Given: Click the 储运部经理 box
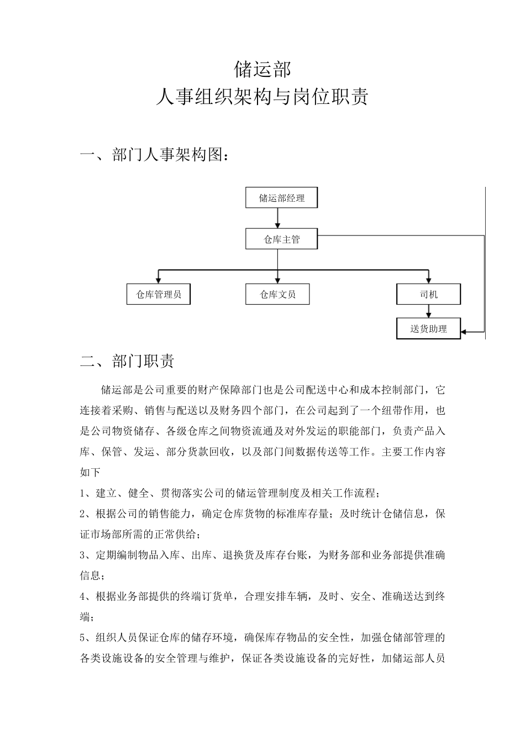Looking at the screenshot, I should point(282,198).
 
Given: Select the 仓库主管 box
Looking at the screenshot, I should point(282,239).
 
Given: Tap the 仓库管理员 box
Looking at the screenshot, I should point(159,294).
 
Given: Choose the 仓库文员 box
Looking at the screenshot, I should point(277,294).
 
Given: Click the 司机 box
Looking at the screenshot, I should point(428,294).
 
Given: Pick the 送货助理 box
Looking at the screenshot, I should point(428,329).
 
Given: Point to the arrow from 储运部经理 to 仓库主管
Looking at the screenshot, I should point(277,218).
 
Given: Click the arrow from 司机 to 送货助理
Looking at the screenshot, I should point(428,311).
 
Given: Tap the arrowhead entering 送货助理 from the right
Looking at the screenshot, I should point(465,332).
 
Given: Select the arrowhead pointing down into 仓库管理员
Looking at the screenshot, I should point(159,280).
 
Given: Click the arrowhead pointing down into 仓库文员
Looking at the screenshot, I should point(277,280).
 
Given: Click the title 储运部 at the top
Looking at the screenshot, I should point(262,70).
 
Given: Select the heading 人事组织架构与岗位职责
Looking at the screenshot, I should point(262,97).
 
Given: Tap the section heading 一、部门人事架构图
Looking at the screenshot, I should point(155,155).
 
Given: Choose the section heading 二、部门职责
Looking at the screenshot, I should point(128,361).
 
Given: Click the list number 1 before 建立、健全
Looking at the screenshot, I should point(83,493).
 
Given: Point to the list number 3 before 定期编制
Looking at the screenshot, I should point(83,555).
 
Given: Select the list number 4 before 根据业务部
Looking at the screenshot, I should point(83,597).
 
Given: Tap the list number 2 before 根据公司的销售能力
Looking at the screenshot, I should point(83,514).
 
